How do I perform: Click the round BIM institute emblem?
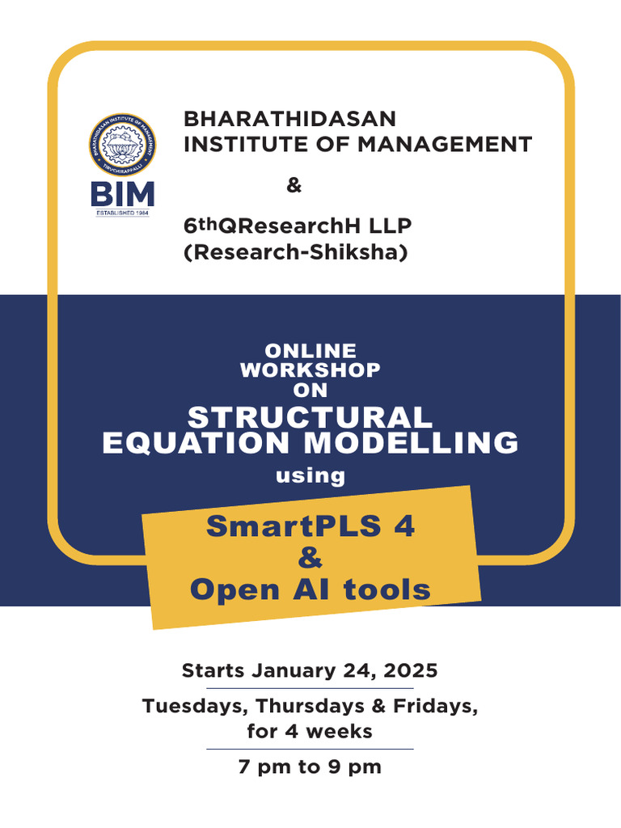pos(121,146)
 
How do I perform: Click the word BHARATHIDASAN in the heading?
pos(290,120)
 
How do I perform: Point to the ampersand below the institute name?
pos(294,186)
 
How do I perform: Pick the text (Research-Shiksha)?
pos(296,252)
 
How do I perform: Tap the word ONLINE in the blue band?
pos(310,351)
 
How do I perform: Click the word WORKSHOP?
pos(310,370)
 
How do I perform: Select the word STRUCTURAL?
pos(310,417)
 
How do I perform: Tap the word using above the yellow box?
pos(310,475)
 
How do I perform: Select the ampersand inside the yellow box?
pos(310,558)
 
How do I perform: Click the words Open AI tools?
pos(310,589)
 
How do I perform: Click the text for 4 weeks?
pos(310,732)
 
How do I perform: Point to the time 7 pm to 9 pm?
pos(310,767)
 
